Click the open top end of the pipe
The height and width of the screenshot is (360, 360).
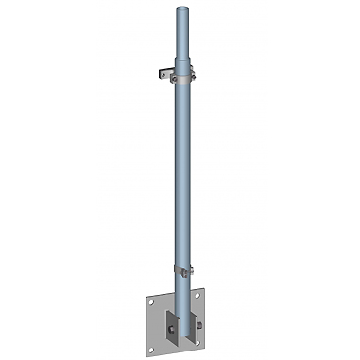click(180, 11)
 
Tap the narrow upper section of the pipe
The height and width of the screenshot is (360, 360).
click(180, 38)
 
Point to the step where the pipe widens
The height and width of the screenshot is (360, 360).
click(180, 66)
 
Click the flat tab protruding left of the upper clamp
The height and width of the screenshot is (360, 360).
click(161, 72)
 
